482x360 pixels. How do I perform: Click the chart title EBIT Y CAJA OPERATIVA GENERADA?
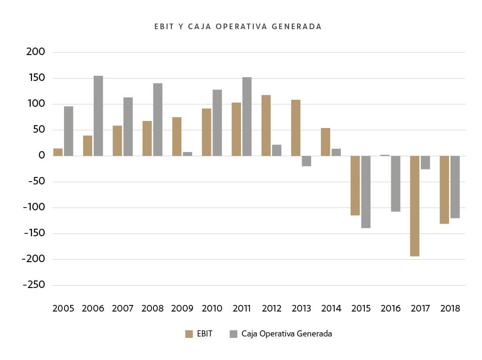(x=238, y=27)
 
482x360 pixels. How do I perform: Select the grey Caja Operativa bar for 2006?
(x=98, y=116)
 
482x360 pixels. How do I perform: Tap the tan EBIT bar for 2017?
(x=415, y=206)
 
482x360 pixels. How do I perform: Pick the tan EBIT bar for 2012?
(x=266, y=125)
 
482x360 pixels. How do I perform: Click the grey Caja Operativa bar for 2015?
(x=366, y=192)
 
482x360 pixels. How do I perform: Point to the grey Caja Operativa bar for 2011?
(x=247, y=116)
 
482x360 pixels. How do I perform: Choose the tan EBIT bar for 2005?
(x=58, y=152)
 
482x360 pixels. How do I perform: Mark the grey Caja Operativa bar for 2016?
(x=395, y=184)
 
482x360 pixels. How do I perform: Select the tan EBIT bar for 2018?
(x=444, y=190)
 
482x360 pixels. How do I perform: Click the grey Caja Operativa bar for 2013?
(x=306, y=161)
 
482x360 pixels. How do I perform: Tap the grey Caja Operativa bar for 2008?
(x=158, y=120)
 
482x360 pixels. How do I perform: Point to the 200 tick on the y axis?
(x=35, y=52)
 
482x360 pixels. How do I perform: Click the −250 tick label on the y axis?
(x=33, y=285)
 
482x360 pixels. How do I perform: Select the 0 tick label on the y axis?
(x=41, y=156)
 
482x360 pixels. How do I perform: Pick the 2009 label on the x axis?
(x=182, y=309)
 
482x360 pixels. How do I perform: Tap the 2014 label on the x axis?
(x=331, y=309)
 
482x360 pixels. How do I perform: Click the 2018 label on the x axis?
(x=450, y=309)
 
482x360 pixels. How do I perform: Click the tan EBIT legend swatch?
(x=189, y=334)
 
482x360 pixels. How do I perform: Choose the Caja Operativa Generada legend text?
(x=286, y=334)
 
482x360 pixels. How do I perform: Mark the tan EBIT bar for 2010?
(x=207, y=132)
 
